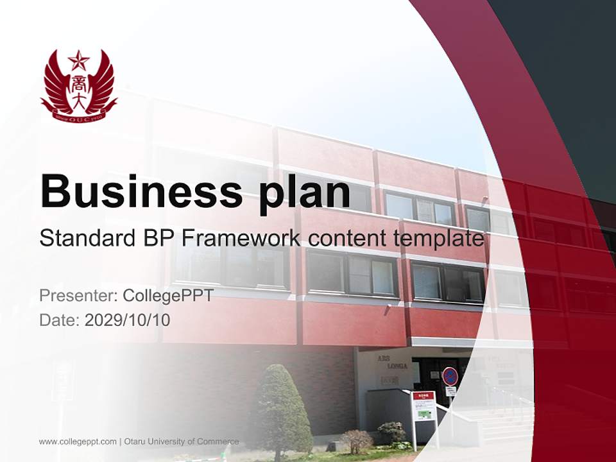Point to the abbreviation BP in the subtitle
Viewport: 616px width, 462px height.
(x=157, y=238)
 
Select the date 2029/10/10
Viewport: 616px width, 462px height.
(x=128, y=320)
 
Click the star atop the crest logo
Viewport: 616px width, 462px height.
(x=79, y=61)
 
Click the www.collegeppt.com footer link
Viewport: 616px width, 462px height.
(x=78, y=441)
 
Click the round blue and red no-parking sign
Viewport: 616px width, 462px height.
(x=450, y=376)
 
